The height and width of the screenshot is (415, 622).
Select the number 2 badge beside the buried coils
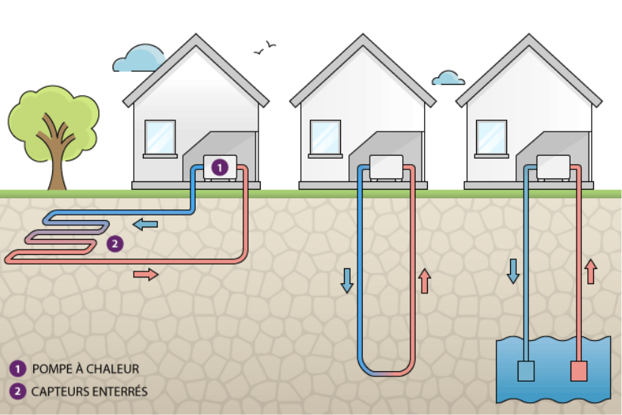(x=114, y=243)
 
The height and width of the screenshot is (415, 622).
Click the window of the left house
(x=160, y=137)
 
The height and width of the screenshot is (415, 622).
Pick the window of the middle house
(x=326, y=137)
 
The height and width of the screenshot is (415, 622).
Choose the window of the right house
(x=491, y=137)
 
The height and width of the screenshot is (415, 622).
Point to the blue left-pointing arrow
(x=145, y=224)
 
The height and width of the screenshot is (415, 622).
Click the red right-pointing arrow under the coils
(x=146, y=274)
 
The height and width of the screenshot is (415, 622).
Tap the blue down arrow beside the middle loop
(x=347, y=280)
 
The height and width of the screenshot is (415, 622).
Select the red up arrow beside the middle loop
(x=424, y=280)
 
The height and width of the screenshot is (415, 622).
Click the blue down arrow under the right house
(x=513, y=271)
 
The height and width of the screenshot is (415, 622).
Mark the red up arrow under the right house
(x=590, y=271)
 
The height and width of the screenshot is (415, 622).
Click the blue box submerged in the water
(x=525, y=371)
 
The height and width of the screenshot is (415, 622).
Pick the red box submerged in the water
(x=579, y=371)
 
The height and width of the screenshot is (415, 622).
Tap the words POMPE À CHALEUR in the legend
(x=85, y=369)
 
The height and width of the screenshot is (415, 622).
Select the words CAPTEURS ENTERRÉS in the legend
(x=89, y=392)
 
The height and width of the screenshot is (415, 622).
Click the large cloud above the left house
(x=138, y=57)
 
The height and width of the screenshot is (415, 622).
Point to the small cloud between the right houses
(x=449, y=78)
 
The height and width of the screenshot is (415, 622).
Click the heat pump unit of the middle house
(x=385, y=167)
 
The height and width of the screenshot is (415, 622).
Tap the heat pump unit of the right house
(x=552, y=167)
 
